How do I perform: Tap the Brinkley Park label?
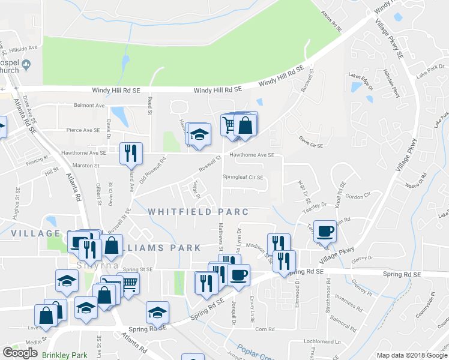click(65, 355)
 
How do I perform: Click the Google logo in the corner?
click(20, 353)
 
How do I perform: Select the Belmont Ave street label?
click(89, 105)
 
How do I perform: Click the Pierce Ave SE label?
click(83, 130)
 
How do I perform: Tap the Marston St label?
click(86, 165)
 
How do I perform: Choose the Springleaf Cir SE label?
click(243, 177)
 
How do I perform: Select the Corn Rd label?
click(264, 329)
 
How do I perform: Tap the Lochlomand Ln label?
click(322, 341)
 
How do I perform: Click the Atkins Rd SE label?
click(331, 21)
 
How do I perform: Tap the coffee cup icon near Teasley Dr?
click(325, 231)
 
